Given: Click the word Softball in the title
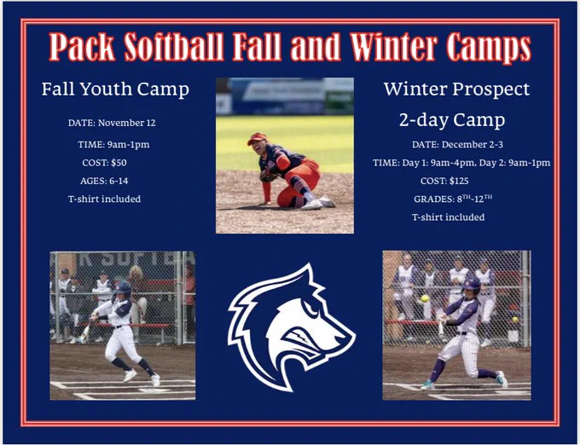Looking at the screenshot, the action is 173,47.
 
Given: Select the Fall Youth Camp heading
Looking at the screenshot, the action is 115,90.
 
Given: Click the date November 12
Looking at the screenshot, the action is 127,123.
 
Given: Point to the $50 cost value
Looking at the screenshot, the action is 119,163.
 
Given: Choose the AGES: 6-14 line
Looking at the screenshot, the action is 104,181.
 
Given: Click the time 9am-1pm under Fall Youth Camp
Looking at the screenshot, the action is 128,145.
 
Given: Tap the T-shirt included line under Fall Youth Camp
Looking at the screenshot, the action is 104,199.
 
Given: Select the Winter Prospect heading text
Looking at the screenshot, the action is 456,90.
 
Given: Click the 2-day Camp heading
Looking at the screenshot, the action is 452,119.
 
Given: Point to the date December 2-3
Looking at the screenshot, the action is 473,145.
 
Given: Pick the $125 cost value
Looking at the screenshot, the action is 459,181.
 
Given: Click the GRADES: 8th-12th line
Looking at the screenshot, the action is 453,199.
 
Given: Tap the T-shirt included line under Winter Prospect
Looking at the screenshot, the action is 449,217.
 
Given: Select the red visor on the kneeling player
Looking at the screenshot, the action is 257,139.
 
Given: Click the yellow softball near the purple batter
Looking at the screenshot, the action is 425,298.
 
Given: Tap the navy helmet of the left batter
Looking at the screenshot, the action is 123,287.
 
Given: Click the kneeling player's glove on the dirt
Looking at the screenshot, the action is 269,176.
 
